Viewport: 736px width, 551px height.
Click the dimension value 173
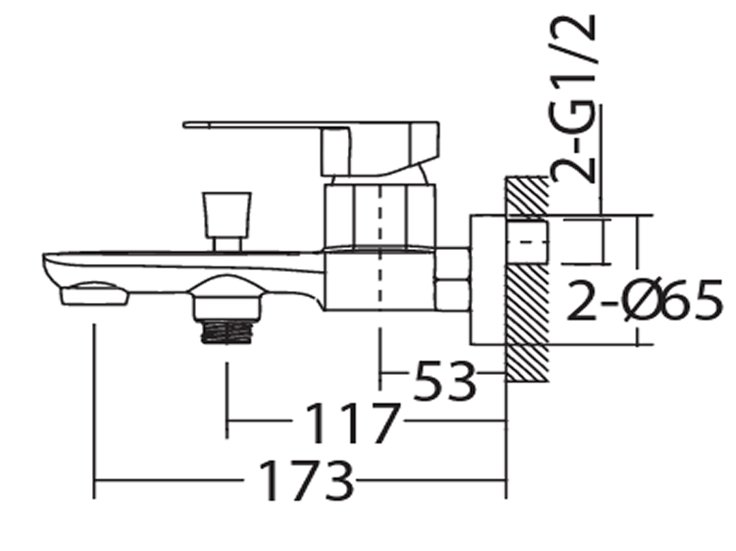click(x=307, y=482)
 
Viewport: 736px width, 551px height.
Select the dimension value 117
click(x=352, y=423)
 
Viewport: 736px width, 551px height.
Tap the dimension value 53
click(x=445, y=381)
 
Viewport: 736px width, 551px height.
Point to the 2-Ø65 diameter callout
click(x=642, y=302)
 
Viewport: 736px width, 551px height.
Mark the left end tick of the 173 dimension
click(x=94, y=482)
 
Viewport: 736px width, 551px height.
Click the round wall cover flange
click(x=488, y=279)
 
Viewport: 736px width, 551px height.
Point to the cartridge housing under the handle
click(x=381, y=215)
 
